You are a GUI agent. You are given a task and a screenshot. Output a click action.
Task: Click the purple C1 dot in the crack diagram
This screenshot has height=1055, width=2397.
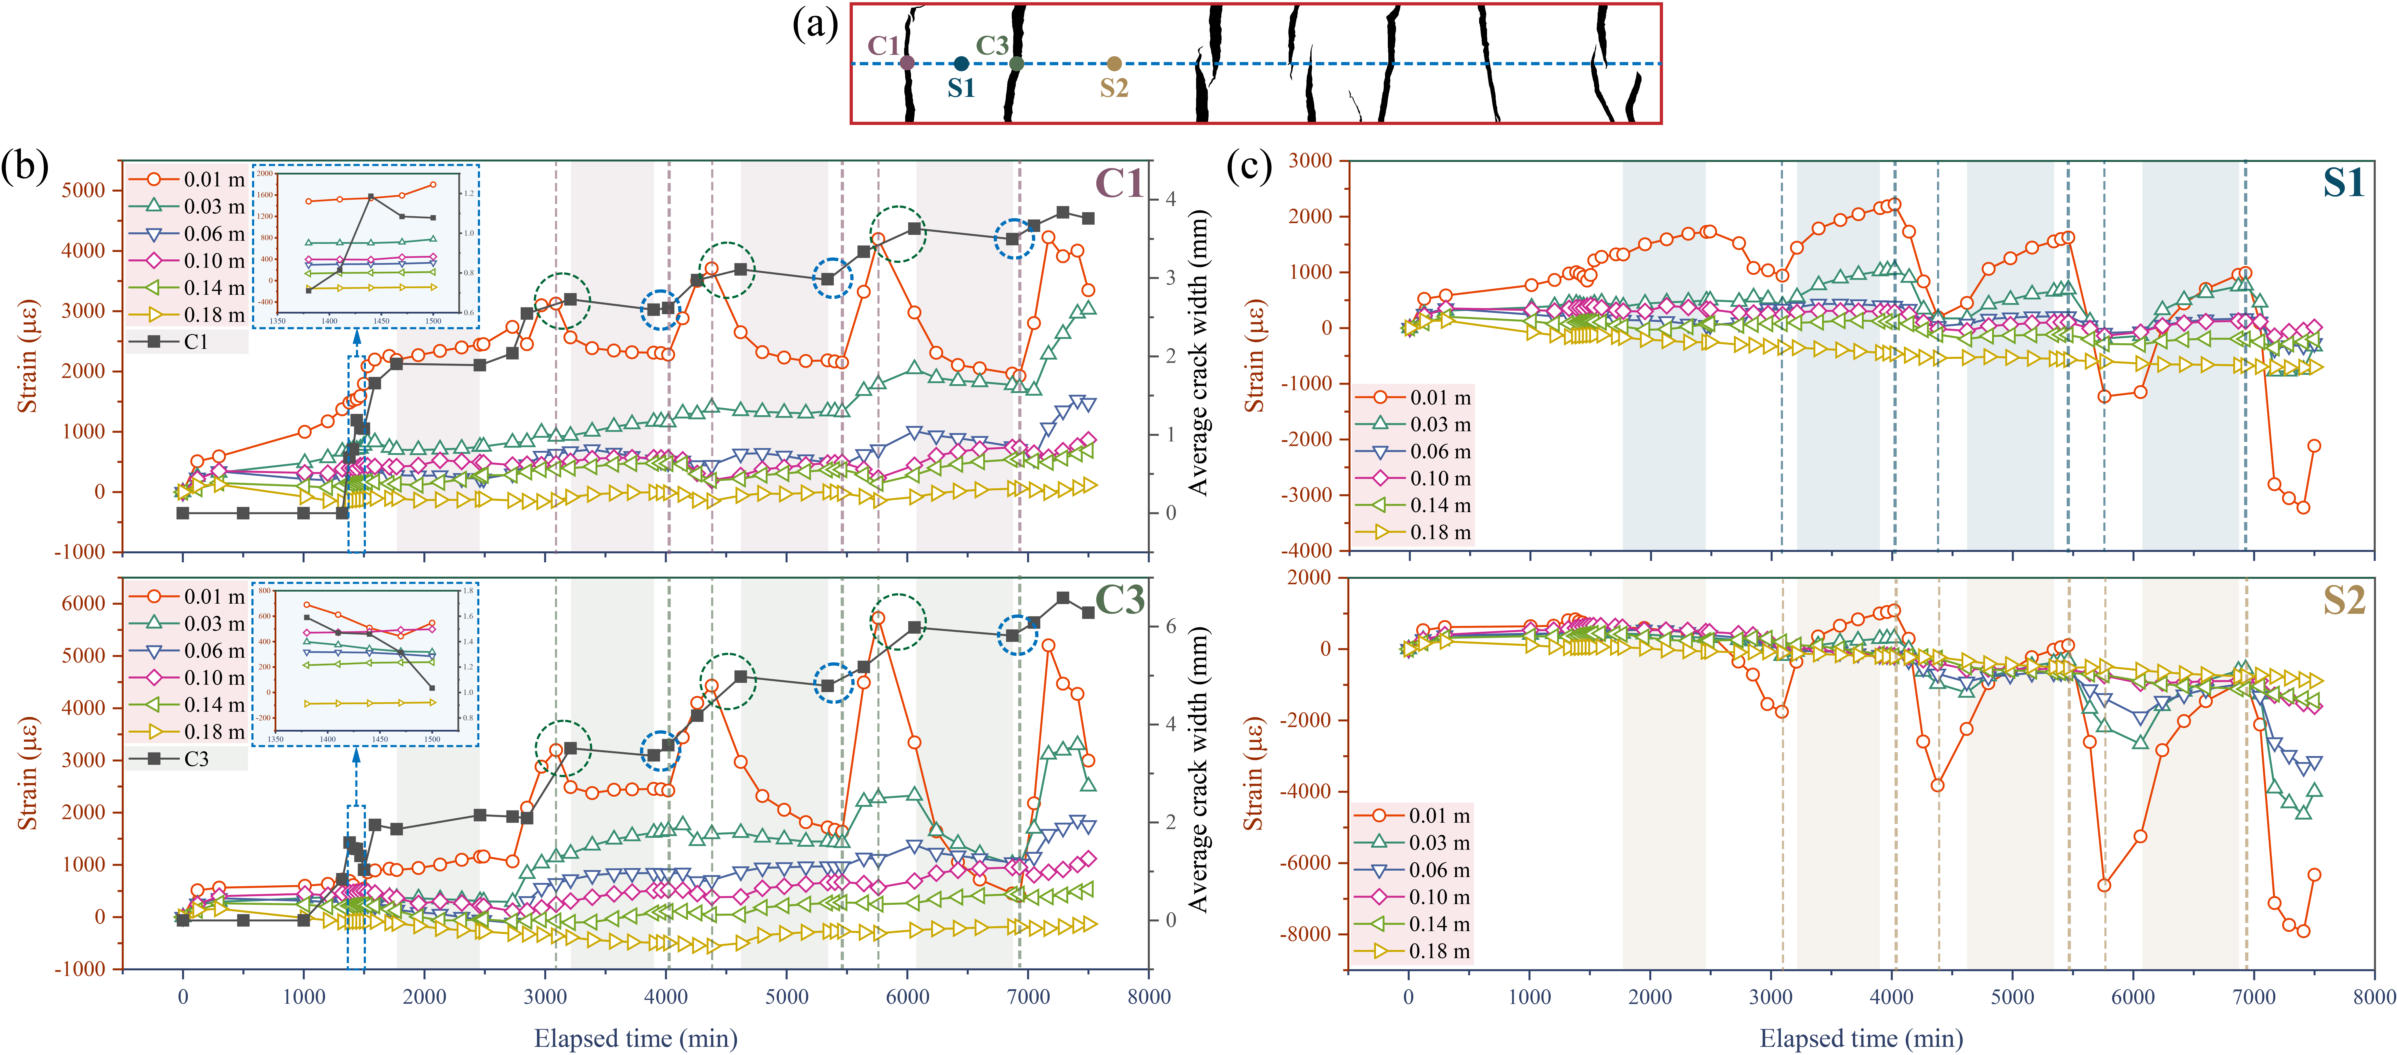click(x=907, y=63)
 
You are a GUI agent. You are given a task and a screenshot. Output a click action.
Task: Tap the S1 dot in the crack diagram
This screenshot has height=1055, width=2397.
click(x=961, y=63)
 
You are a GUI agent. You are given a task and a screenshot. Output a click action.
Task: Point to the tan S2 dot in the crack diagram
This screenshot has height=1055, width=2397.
click(x=1114, y=63)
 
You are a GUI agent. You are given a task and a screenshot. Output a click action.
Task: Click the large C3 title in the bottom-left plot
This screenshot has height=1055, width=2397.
click(x=1119, y=600)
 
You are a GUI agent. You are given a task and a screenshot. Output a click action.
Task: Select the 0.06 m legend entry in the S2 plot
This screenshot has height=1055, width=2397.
click(x=1412, y=870)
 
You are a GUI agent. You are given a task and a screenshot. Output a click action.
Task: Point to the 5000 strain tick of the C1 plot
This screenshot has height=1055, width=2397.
click(x=84, y=191)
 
